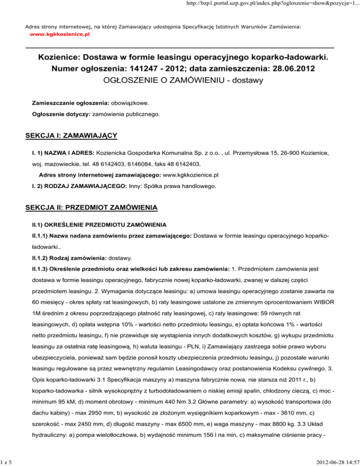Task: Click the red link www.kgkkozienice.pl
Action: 60,35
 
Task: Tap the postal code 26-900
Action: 293,153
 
